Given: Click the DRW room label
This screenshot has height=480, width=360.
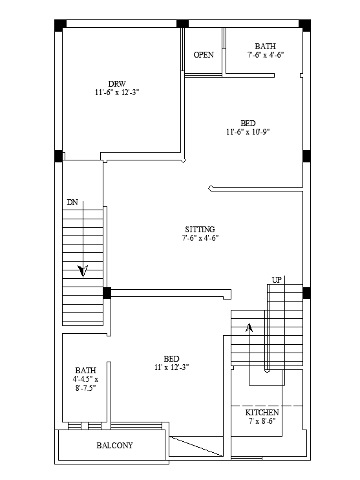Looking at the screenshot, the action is tap(117, 84).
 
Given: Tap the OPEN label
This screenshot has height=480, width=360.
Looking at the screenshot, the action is tap(204, 55).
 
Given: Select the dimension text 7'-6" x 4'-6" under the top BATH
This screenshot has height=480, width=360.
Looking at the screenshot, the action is tap(266, 55).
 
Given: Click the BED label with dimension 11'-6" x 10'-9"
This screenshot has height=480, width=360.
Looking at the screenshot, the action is tap(248, 124).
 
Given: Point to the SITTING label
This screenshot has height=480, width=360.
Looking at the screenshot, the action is tap(200, 229).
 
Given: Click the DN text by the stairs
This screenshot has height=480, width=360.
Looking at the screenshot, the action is tap(72, 202).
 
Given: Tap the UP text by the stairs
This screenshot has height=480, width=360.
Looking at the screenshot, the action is tap(277, 280).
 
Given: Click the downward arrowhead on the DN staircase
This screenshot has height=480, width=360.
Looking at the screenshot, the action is tap(83, 271).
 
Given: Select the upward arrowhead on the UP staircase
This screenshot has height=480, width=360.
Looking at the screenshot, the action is tap(249, 327).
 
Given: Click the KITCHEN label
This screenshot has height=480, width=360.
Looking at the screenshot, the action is tap(262, 413).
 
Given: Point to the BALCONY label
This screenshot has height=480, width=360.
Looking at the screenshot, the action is tap(114, 446).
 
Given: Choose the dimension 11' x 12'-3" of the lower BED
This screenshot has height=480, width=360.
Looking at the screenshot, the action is tap(171, 367).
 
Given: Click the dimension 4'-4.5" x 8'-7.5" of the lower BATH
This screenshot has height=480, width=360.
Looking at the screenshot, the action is tap(85, 384).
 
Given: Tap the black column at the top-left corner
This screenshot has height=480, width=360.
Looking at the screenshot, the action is tap(60, 25).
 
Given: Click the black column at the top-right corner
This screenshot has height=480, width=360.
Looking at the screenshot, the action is tap(304, 25).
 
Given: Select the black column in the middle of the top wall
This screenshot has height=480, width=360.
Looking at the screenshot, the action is tap(182, 23).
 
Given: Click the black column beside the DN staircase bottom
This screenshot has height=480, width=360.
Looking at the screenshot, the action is tap(107, 293).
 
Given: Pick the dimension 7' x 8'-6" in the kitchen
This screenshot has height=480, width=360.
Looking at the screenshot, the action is tap(262, 421).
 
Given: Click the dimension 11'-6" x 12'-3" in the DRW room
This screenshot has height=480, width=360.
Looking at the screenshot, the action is tap(117, 93).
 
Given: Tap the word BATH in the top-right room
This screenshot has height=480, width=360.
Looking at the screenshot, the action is tap(266, 47).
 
